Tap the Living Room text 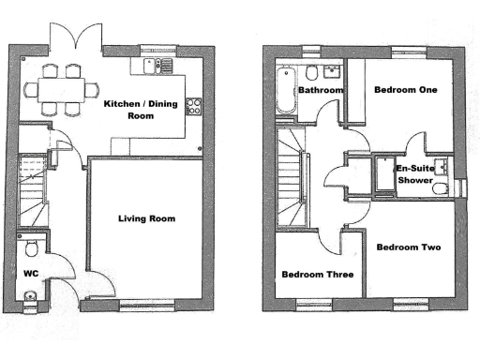(x=146, y=218)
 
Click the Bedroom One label (x=405, y=90)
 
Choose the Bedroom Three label (x=317, y=275)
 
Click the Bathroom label (x=320, y=90)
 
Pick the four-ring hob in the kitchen (x=195, y=105)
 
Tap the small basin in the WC (x=30, y=298)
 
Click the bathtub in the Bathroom (x=286, y=89)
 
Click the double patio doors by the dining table (x=73, y=37)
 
